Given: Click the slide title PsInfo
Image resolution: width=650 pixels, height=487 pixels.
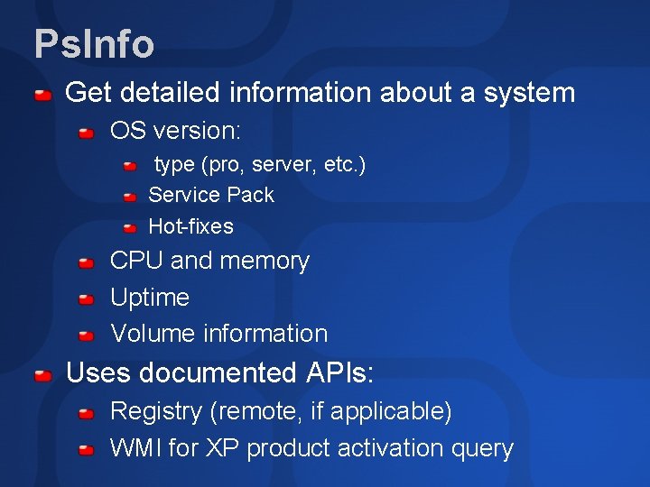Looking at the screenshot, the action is (94, 43).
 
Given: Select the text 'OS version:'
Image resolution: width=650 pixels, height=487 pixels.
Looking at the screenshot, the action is (175, 132).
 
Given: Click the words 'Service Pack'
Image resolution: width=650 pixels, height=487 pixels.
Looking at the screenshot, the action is (210, 195).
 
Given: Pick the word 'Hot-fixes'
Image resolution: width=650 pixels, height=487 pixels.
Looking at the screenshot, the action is (190, 226).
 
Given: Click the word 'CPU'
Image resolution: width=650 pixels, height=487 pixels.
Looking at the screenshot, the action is (136, 261).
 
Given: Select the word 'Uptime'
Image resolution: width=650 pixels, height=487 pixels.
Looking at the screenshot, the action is (150, 297).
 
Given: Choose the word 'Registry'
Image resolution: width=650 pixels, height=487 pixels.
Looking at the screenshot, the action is (155, 411).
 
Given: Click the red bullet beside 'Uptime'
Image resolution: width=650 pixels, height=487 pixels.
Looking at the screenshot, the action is (86, 299).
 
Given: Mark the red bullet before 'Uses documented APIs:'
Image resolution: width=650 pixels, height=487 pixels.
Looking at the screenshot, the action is (42, 373).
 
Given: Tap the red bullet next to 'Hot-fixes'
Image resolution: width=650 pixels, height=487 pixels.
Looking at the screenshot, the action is (130, 227).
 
